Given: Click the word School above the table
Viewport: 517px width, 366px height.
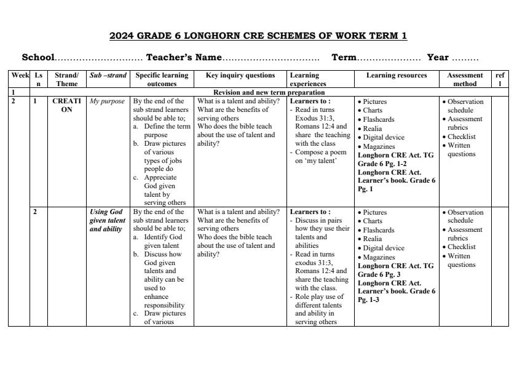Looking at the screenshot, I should click(x=38, y=58).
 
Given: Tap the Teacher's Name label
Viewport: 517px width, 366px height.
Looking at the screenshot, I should click(x=183, y=58).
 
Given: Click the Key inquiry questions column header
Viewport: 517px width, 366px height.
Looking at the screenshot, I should click(x=240, y=76).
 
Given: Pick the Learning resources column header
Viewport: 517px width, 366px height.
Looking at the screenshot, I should click(x=396, y=76).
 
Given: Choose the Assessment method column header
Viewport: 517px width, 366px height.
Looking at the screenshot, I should click(x=465, y=79).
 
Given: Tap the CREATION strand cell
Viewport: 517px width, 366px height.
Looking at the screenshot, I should click(x=66, y=106).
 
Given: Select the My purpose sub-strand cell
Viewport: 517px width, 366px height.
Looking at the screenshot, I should click(x=107, y=101).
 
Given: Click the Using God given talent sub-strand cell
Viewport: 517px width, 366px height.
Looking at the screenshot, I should click(x=107, y=220).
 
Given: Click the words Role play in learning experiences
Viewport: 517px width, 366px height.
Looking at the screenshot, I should click(x=310, y=296).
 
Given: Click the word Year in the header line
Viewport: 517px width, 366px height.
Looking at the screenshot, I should click(x=438, y=58).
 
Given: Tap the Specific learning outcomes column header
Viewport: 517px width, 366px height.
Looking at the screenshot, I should click(x=162, y=79).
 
